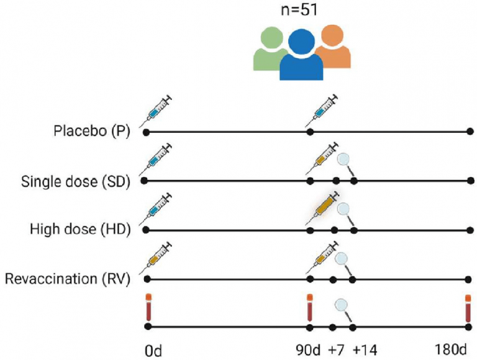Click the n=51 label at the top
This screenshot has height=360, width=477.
[x=302, y=11]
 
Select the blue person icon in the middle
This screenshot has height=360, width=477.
[x=301, y=56]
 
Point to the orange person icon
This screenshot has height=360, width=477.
[x=334, y=48]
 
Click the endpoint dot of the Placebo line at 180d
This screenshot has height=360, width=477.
[x=470, y=132]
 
